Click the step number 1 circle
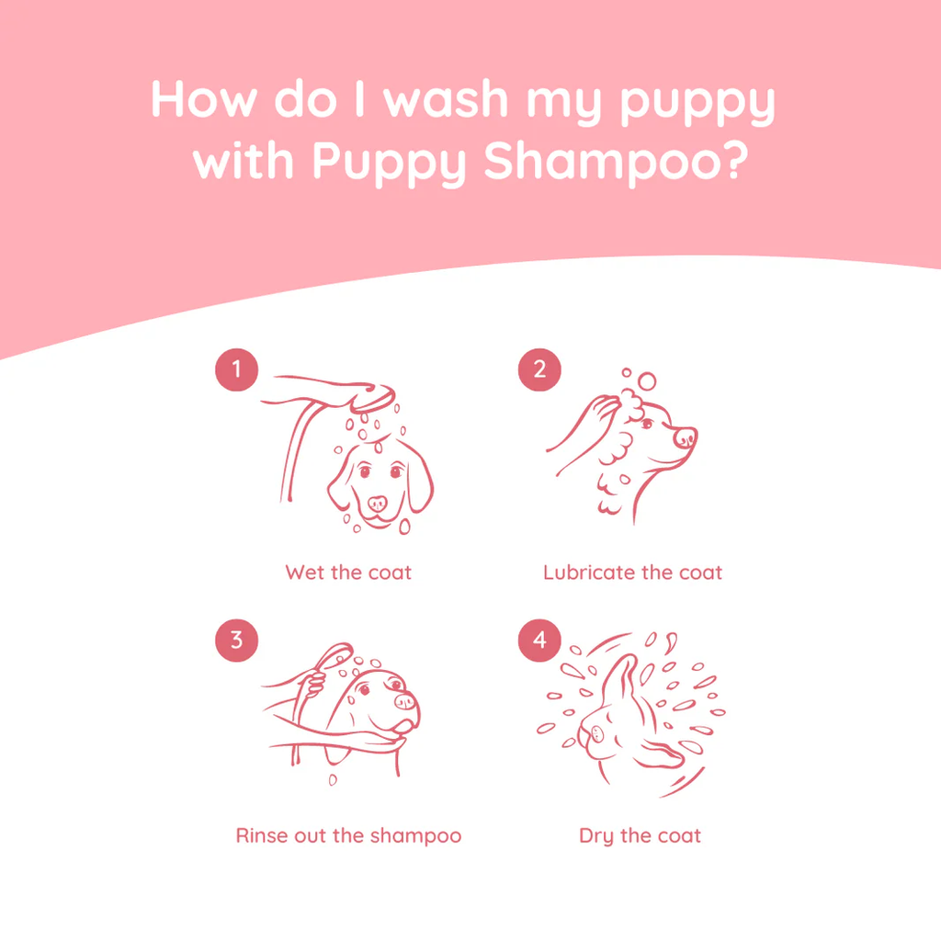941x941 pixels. point(236,369)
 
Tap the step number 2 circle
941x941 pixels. point(539,369)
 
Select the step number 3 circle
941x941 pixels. point(236,640)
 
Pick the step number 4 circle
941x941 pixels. point(539,640)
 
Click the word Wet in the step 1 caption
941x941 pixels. point(305,573)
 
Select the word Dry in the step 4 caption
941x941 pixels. point(595,836)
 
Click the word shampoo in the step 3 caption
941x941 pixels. point(415,836)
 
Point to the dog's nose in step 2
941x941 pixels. point(686,437)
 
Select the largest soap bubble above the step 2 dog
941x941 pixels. point(647,380)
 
